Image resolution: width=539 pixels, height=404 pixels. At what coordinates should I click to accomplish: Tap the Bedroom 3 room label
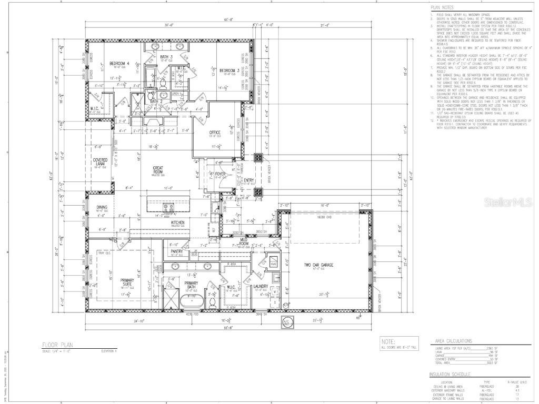230,70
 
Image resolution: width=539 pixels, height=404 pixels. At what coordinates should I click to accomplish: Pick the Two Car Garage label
320,265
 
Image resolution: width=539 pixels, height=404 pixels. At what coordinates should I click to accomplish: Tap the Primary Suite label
127,282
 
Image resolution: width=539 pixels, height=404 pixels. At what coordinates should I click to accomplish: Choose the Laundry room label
261,287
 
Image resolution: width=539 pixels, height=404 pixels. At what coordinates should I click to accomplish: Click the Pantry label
176,251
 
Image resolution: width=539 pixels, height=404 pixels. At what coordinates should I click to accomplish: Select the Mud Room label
244,241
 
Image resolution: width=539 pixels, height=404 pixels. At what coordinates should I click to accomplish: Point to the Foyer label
219,173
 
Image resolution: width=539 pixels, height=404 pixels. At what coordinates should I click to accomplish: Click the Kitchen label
178,222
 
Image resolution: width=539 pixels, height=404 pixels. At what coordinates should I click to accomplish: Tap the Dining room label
102,207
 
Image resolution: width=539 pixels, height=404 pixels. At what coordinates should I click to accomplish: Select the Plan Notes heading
443,8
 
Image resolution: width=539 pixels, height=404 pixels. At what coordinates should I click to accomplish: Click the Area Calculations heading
453,341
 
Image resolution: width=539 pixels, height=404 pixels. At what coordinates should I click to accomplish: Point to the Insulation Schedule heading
450,375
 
